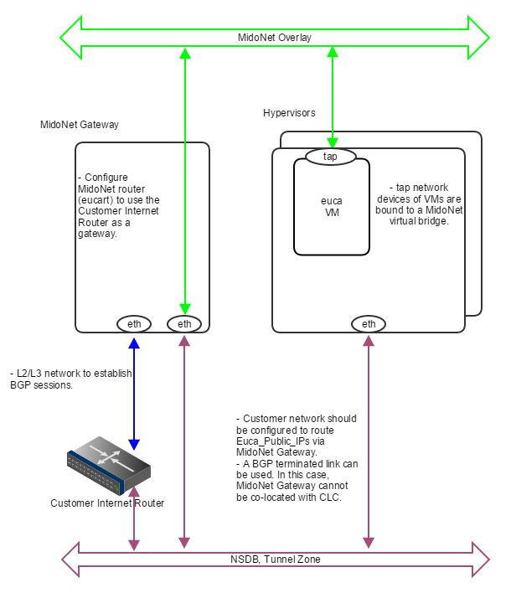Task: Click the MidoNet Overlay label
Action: (274, 38)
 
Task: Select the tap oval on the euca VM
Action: (331, 157)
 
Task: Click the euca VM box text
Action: (332, 206)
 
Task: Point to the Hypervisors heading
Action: (289, 113)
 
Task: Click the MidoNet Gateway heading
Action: (80, 125)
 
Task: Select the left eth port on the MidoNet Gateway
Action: (134, 323)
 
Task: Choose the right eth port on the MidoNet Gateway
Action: (184, 323)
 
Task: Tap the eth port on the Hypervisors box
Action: (368, 323)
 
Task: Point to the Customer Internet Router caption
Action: (107, 503)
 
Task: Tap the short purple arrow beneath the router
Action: (134, 523)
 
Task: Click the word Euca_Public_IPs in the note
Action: (271, 440)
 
